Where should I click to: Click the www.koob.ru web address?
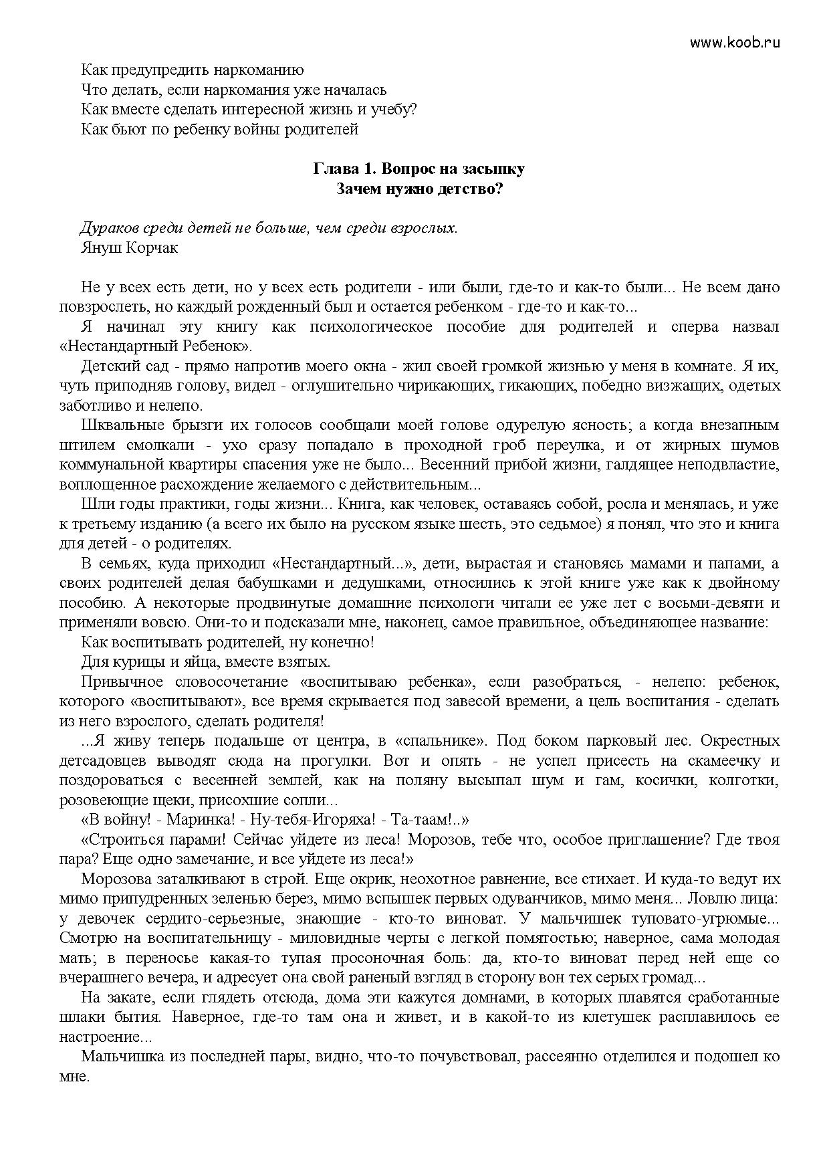pyautogui.click(x=735, y=43)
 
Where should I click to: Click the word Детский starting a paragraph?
pyautogui.click(x=110, y=366)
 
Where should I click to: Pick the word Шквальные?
pyautogui.click(x=120, y=425)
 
